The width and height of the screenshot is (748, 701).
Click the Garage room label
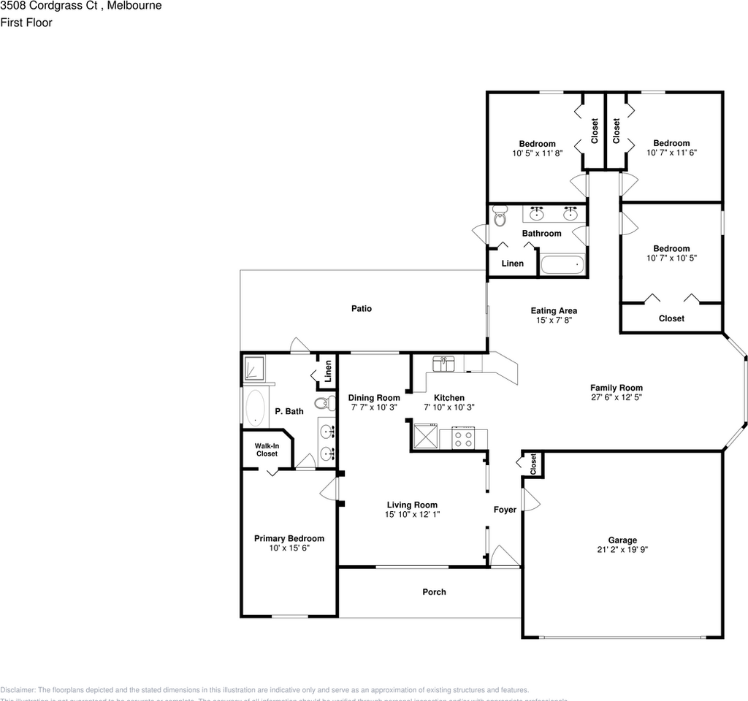point(622,540)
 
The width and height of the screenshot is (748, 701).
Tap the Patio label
point(362,308)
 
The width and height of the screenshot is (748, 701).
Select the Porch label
point(434,591)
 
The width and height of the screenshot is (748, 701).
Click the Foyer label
point(505,509)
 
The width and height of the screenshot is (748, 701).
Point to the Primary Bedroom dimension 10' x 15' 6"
point(289,548)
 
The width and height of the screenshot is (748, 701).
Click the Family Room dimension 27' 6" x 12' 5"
point(617,398)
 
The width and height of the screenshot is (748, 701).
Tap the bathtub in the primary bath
point(255,407)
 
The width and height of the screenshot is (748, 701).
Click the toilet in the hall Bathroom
point(500,217)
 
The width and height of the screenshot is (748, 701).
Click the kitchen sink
point(444,363)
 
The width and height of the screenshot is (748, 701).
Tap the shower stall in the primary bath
point(255,368)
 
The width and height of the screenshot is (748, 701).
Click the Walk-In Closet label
point(267,450)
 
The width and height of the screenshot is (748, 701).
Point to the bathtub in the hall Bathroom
point(562,264)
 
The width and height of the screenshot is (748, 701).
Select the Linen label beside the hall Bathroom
point(513,263)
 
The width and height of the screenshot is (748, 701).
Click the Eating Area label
point(554,311)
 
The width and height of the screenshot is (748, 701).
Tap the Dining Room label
point(374,398)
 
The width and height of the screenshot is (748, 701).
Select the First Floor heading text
point(26,23)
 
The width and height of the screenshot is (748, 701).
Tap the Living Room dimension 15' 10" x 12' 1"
point(412,514)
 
